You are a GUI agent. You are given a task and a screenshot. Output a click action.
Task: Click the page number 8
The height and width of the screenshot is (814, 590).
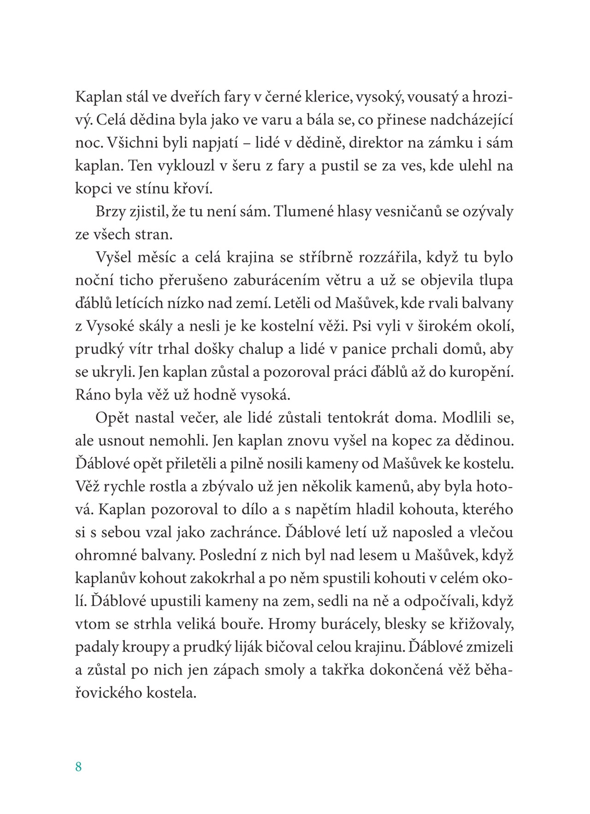point(78,767)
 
